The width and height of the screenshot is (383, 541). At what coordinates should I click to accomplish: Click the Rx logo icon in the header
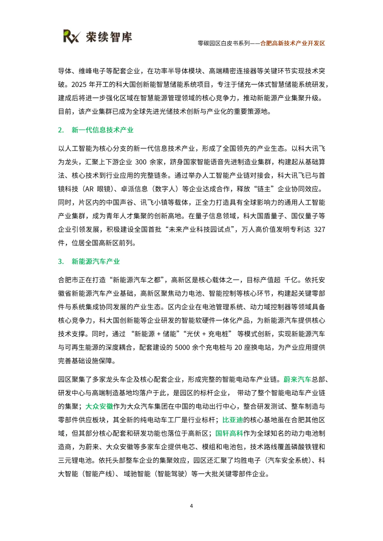pos(71,36)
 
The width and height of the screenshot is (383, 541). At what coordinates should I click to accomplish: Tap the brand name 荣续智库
pos(109,37)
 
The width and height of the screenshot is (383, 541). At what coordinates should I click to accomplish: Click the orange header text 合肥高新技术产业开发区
pos(293,43)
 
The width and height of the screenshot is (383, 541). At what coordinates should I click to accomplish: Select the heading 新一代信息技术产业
pos(102,130)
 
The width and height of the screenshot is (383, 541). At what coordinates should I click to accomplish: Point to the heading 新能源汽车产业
pos(96,261)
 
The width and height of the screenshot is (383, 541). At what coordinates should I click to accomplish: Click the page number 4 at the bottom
pos(191,506)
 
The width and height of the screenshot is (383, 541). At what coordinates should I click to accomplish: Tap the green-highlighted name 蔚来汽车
pos(297,379)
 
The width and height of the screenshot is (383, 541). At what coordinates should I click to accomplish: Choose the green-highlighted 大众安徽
pos(99,406)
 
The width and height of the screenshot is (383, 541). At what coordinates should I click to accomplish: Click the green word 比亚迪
pos(233,420)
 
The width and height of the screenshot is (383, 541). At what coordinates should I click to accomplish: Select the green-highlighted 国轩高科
pos(229,433)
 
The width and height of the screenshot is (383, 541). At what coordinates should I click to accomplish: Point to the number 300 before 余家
pos(141,162)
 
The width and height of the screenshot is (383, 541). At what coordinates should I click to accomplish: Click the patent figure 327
pos(320,229)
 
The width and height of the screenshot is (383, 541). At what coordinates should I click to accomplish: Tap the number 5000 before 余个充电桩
pos(183,347)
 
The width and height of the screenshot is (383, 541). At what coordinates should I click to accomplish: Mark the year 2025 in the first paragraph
pos(79,84)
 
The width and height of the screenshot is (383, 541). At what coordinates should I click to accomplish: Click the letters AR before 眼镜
pos(89,189)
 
